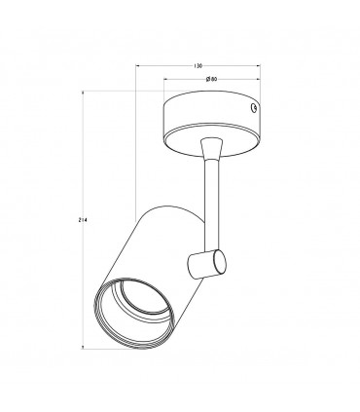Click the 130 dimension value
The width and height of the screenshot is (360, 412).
(x=198, y=66)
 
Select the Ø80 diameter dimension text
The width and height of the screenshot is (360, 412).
(x=211, y=79)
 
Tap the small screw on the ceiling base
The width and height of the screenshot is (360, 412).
(x=254, y=108)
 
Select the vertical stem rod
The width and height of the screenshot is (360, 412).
(x=211, y=206)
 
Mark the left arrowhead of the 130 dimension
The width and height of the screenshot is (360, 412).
(x=137, y=66)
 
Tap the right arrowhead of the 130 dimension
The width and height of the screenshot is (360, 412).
(x=259, y=66)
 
